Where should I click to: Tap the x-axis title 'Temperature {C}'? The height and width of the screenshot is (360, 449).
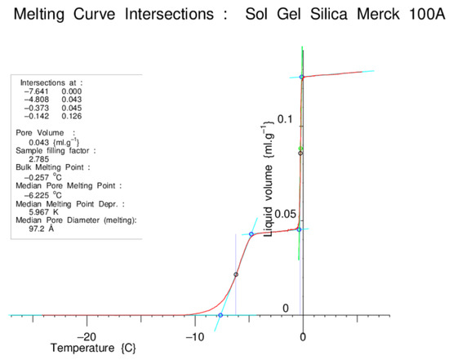point(92,349)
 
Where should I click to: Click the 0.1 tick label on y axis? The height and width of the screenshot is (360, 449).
point(283,120)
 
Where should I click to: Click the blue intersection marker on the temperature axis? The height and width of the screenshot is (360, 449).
point(220,315)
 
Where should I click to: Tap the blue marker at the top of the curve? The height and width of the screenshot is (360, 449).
point(302,77)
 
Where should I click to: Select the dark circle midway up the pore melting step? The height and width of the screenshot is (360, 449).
point(236,274)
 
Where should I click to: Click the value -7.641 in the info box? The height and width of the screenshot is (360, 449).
point(34,91)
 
